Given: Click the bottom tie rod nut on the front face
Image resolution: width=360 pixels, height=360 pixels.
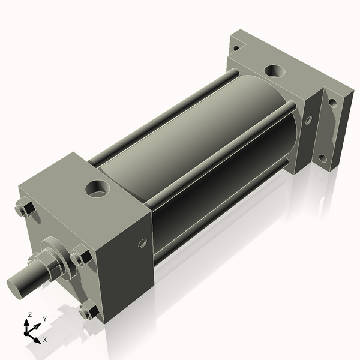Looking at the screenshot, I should point(88,312).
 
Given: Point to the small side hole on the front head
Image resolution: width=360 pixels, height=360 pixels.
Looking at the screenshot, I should point(142,243).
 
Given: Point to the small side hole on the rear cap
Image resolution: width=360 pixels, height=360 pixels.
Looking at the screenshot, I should point(308,120).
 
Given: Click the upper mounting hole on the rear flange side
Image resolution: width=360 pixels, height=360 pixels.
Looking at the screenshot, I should point(332,103).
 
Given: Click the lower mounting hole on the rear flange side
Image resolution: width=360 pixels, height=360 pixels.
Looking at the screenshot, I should point(323,158).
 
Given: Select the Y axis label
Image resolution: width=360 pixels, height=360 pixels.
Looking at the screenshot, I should point(44,319).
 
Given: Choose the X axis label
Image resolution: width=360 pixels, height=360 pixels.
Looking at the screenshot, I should point(44,340).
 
